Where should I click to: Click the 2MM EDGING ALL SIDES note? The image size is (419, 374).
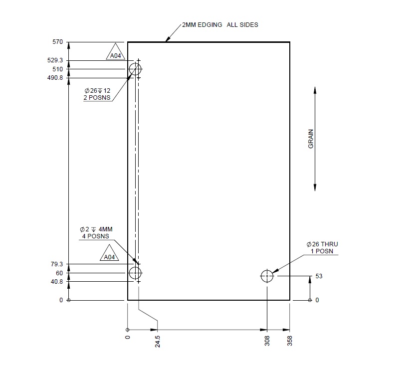point(220,24)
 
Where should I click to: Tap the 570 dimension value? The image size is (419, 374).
point(57,42)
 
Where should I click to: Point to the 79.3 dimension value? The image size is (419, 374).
point(56,264)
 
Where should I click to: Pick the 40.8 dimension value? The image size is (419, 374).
point(56,282)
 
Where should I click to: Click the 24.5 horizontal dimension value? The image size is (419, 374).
point(158,341)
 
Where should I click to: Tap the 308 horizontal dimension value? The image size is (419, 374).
point(267,341)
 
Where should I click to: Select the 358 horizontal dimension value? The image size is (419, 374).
point(290,341)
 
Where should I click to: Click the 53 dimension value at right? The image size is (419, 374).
point(319,276)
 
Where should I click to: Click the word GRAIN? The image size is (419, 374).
point(311,139)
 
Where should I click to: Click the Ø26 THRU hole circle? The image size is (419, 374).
point(267,276)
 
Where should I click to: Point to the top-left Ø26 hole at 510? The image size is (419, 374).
point(135,69)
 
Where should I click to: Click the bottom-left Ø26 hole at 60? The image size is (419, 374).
point(135,273)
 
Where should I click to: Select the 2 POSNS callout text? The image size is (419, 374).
point(96,98)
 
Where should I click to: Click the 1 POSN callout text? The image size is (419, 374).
point(322,251)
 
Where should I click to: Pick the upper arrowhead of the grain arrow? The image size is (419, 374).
point(315,90)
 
